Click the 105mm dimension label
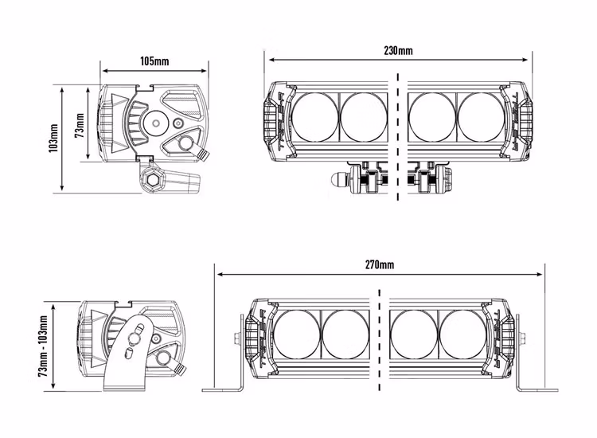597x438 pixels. point(154,61)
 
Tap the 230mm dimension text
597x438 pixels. point(398,51)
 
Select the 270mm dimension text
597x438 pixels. point(380,264)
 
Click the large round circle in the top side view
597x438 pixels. point(155,122)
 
